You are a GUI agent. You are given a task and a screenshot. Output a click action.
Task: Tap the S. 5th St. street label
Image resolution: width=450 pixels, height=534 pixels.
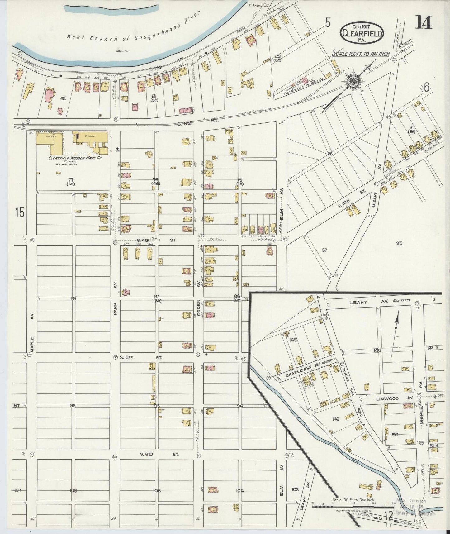click(x=141, y=358)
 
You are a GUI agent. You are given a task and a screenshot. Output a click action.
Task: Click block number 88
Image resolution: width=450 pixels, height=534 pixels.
click(x=73, y=298)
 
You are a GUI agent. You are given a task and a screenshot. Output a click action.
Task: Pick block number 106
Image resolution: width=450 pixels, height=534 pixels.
click(x=73, y=491)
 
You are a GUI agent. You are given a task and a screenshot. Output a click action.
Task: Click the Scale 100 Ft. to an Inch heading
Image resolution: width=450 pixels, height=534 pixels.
click(x=361, y=54)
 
